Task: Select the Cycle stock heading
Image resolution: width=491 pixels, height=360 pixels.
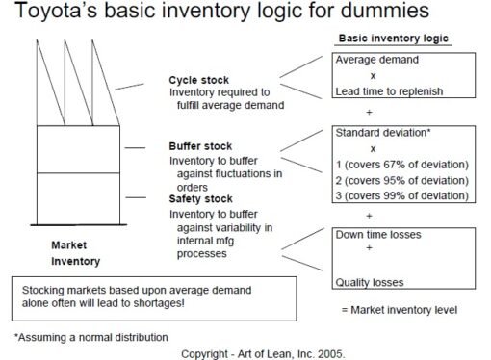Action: pos(199,80)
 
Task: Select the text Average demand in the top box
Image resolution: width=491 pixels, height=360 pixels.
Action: pos(375,60)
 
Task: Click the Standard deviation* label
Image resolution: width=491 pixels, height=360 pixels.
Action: pos(378,132)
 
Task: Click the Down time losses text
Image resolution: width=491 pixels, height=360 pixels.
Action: pos(377,234)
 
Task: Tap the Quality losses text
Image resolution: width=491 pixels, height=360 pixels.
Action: pos(369,283)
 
